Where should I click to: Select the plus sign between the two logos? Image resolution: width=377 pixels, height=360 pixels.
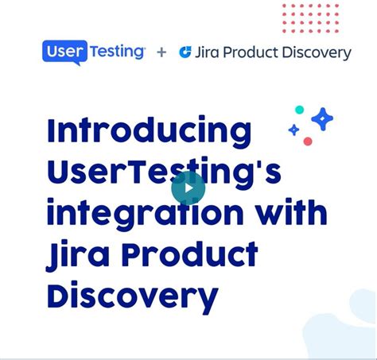pos(161,52)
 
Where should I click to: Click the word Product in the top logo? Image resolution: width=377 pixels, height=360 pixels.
pos(257,52)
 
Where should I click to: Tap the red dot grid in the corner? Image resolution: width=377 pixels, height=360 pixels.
pos(310,17)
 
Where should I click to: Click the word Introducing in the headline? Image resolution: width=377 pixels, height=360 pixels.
pos(149,131)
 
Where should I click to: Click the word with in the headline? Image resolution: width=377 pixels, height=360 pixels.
pos(291,214)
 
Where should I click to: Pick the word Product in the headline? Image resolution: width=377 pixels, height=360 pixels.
pos(191,256)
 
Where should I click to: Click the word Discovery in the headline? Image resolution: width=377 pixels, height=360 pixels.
pos(132,298)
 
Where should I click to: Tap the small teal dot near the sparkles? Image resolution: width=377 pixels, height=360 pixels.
pos(299,110)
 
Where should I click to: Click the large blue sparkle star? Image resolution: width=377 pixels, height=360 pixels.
pos(322,119)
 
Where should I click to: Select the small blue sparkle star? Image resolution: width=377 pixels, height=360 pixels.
pos(293,130)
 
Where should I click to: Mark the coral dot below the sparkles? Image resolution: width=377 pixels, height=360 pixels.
pos(308,141)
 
